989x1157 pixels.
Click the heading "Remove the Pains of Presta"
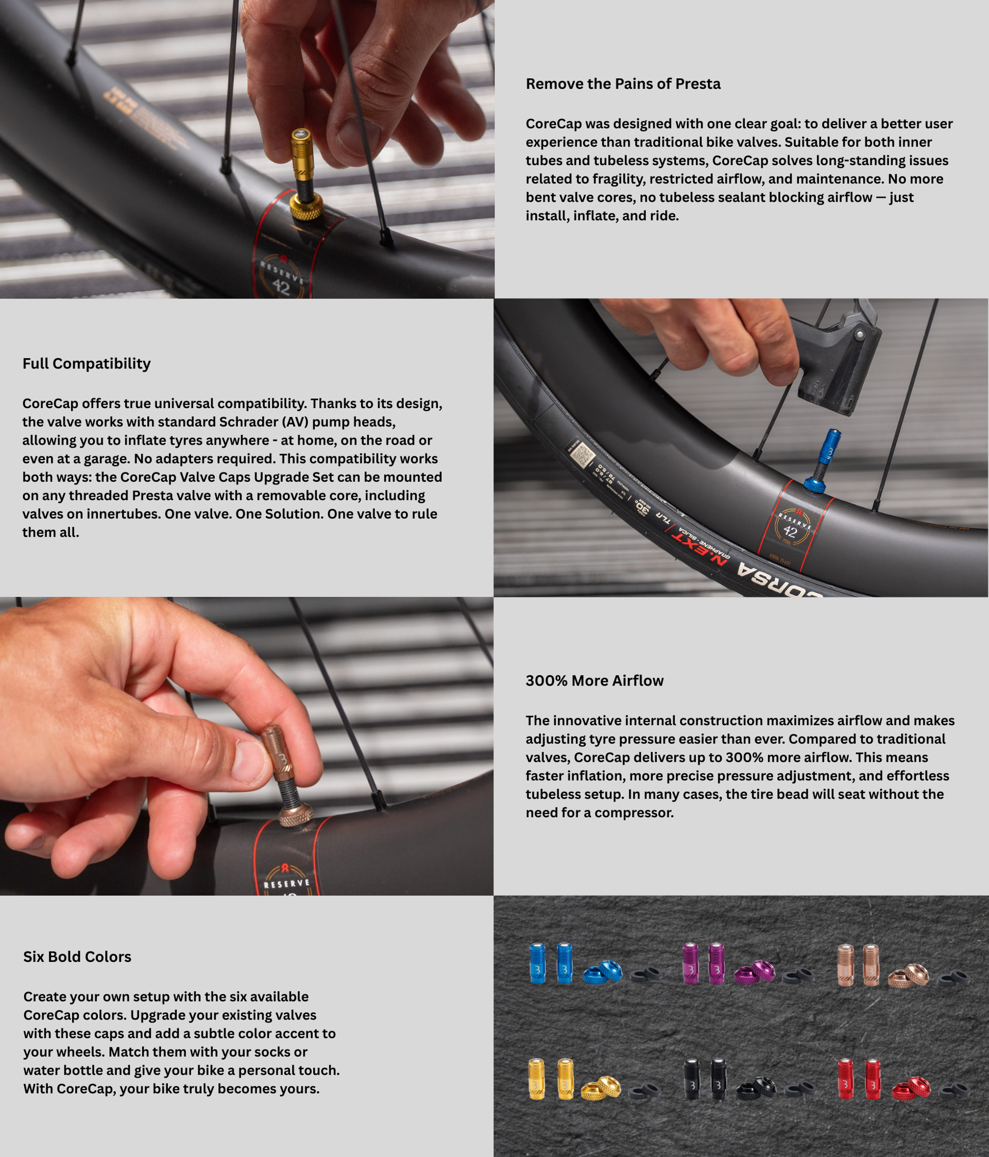point(623,84)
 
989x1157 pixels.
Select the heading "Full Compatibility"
point(87,363)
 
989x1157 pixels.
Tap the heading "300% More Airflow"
point(594,681)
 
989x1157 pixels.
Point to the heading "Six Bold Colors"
point(77,957)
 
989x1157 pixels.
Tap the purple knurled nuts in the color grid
point(754,972)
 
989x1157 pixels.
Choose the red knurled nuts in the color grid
point(911,1087)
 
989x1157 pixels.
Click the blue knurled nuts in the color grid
point(602,972)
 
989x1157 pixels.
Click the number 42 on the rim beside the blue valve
point(791,532)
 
